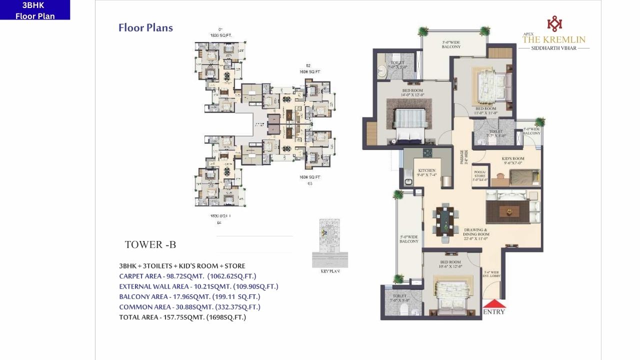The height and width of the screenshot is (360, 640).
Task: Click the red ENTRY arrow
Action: (494, 303)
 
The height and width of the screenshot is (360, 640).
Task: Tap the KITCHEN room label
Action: (427, 172)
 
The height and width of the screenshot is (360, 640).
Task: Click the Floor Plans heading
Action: (145, 27)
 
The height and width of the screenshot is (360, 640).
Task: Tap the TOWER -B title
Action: (150, 244)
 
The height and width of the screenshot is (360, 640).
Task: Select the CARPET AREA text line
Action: (187, 276)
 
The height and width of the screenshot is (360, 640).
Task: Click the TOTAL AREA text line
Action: (182, 317)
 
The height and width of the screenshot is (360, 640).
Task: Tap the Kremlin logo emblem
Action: (554, 23)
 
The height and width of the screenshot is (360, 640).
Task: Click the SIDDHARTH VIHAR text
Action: (553, 48)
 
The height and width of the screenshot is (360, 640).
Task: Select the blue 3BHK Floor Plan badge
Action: (35, 10)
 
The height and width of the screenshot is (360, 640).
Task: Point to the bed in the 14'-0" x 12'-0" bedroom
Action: (410, 122)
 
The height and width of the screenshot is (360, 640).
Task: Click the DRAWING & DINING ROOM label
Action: (475, 234)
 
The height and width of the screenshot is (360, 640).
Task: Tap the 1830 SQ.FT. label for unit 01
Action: (220, 35)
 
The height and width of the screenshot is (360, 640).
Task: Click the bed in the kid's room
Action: (524, 176)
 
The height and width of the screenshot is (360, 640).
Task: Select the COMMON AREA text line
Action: (189, 307)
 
